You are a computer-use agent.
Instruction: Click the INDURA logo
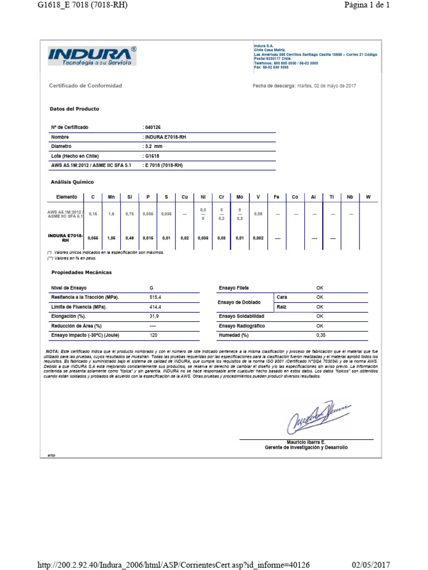click(x=92, y=56)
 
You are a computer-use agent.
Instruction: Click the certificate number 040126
click(x=152, y=127)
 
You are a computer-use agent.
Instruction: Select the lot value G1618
click(x=152, y=156)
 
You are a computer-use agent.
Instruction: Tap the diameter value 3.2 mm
click(x=154, y=146)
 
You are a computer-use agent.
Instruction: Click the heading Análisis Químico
click(x=72, y=182)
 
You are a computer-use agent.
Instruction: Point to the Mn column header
click(x=111, y=197)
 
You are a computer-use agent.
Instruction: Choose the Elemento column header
click(x=66, y=197)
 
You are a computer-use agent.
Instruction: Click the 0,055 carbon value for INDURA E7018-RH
click(x=93, y=238)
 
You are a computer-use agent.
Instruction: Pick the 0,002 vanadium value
click(x=258, y=238)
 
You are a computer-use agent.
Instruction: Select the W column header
click(x=368, y=197)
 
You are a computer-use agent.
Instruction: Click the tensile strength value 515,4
click(x=155, y=298)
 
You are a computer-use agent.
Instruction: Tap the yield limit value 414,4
click(x=155, y=307)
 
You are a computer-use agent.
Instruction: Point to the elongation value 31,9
click(x=154, y=316)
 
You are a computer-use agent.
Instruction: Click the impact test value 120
click(x=154, y=336)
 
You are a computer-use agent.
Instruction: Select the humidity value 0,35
click(x=320, y=336)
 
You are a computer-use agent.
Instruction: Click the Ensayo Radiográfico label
click(x=241, y=326)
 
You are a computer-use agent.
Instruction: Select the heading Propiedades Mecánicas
click(x=81, y=272)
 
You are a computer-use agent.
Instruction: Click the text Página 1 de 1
click(x=367, y=5)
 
